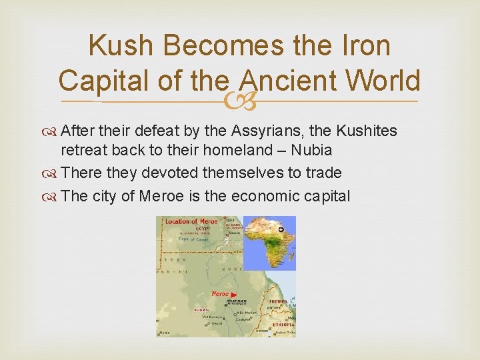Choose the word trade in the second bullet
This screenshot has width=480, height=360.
pos(323,173)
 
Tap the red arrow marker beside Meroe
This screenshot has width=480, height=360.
pos(234,294)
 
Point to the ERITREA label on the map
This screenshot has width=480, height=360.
pos(278,301)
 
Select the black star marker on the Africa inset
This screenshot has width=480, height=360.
pos(281,229)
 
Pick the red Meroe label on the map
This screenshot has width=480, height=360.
pos(220,293)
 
